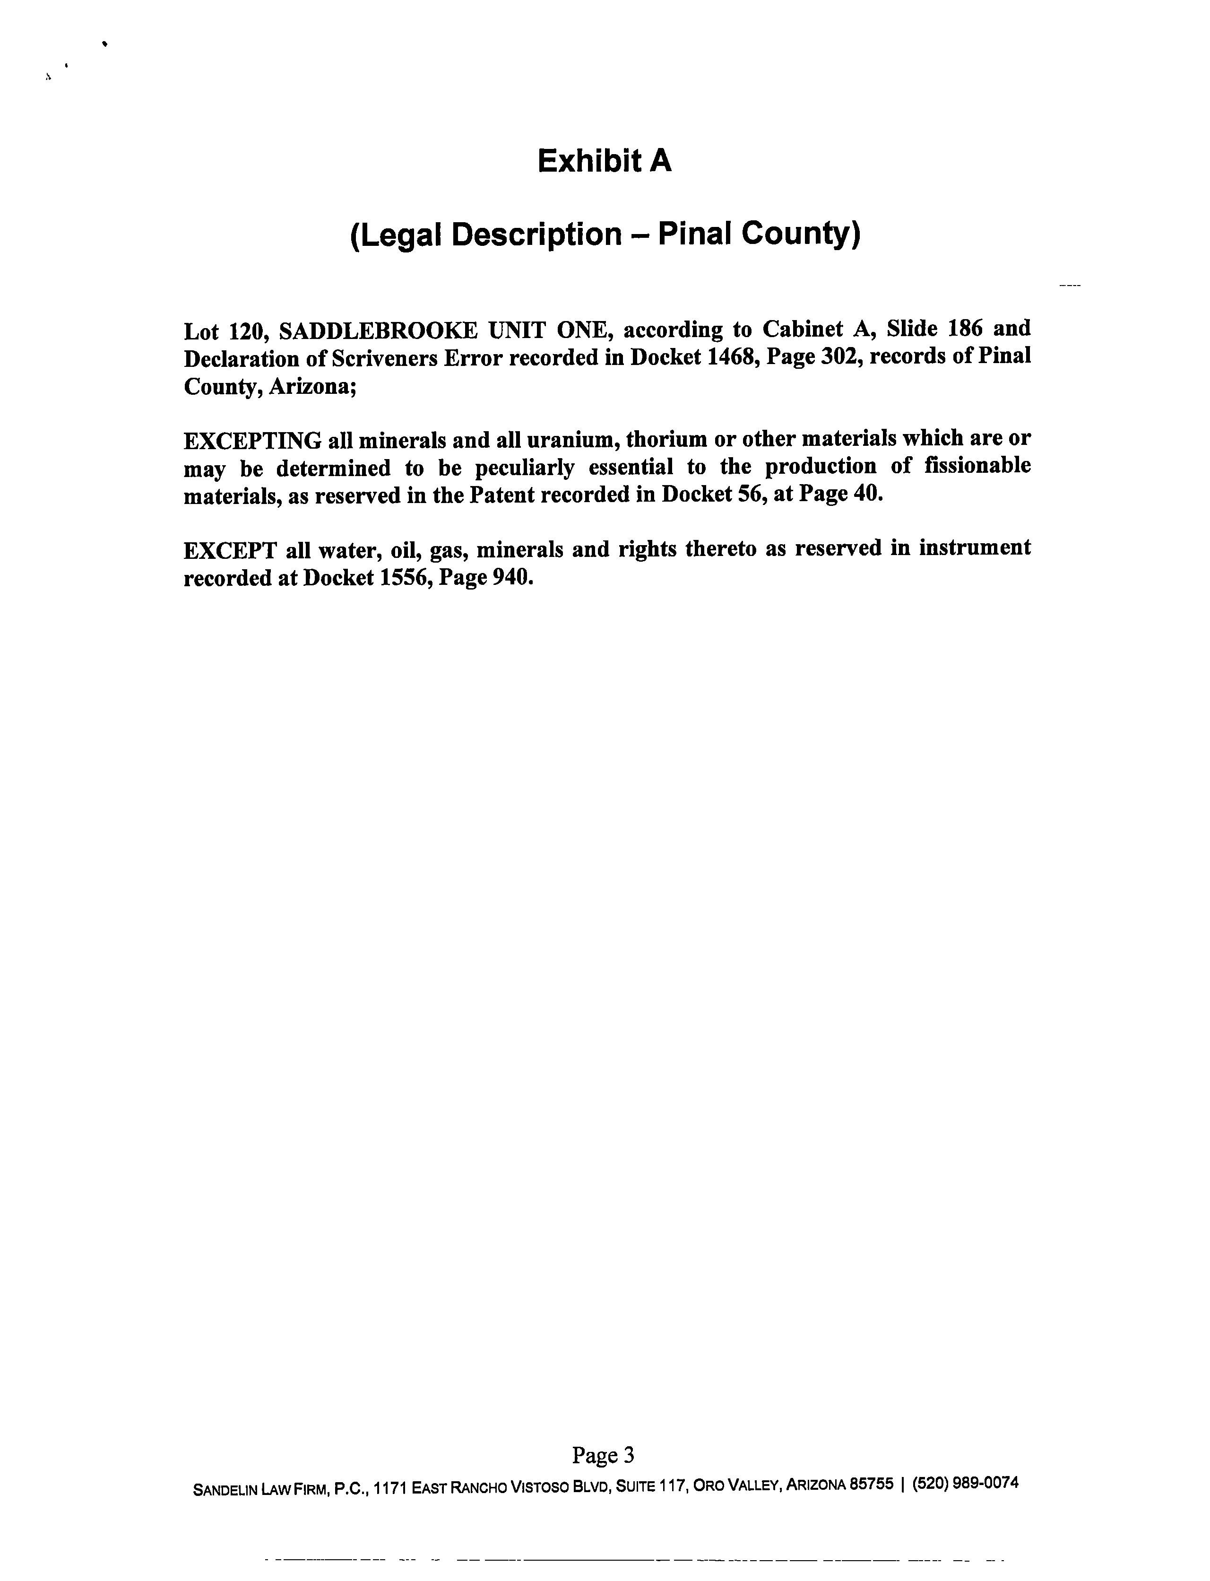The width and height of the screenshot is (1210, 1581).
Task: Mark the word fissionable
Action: [977, 466]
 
